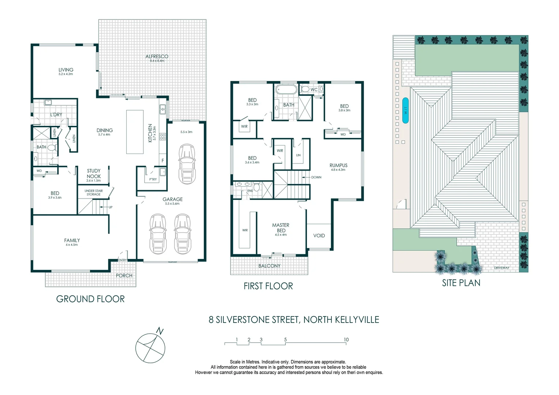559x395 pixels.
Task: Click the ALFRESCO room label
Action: (157, 57)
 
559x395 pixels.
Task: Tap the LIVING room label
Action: (66, 70)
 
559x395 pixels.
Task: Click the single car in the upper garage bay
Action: (187, 163)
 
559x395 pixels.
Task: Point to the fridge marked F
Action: (163, 160)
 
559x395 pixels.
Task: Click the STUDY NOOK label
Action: (94, 173)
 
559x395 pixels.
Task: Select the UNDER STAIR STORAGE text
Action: (94, 192)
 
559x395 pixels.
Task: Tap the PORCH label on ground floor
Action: (124, 275)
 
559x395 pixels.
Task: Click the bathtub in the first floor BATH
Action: (286, 89)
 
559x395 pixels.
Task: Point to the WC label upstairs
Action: (314, 90)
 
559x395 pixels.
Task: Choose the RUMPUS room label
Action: (338, 165)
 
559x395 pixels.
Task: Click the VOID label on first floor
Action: (319, 236)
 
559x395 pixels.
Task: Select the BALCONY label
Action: (269, 266)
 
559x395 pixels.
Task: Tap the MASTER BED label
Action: (281, 227)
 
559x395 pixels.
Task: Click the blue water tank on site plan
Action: (405, 110)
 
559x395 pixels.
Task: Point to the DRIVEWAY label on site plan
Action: (502, 268)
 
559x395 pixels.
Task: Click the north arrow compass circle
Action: (150, 348)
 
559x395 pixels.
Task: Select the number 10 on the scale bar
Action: (346, 339)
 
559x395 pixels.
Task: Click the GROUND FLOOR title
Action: (90, 299)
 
